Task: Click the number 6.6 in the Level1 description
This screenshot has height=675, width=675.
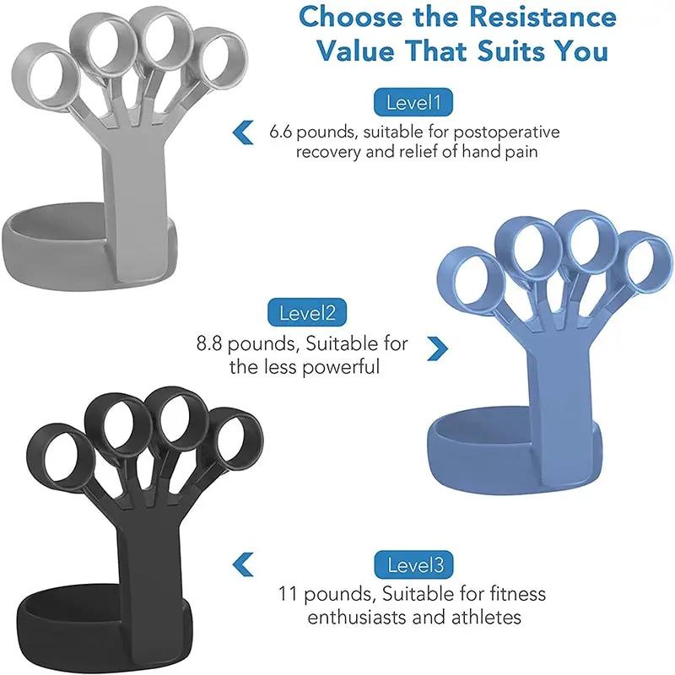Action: (x=283, y=132)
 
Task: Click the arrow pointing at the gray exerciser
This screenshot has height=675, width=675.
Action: (x=243, y=132)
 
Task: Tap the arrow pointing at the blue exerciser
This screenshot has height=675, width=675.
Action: (x=436, y=347)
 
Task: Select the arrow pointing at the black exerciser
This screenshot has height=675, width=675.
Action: (x=243, y=564)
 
